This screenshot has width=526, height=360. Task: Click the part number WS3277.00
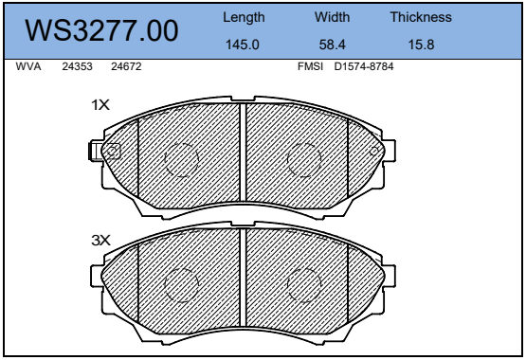coord(101,30)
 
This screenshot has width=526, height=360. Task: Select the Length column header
coord(244,17)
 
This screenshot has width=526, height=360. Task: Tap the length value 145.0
coord(243,45)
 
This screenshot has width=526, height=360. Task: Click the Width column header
coord(332,17)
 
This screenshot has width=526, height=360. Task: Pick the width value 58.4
coord(332,45)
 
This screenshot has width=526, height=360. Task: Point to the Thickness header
coord(421,17)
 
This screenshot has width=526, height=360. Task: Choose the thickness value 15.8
coord(421,45)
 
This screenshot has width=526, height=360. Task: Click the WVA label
coord(28,66)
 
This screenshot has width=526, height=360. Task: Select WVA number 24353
coord(77,66)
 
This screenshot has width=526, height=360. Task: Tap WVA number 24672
coord(126,66)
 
